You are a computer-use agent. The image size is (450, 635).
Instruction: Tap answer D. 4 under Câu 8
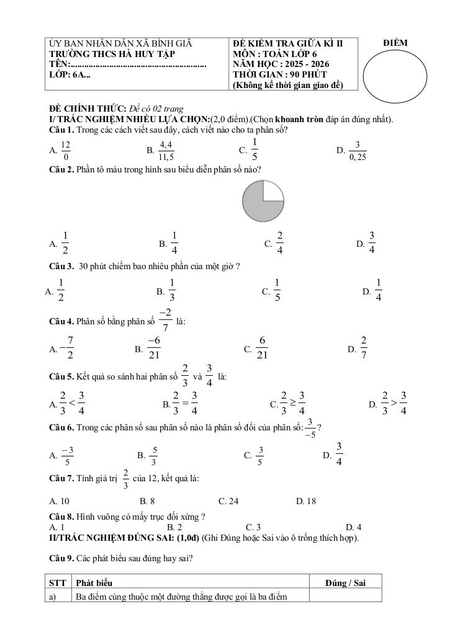click(x=353, y=527)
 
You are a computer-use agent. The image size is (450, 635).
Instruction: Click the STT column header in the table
click(x=58, y=582)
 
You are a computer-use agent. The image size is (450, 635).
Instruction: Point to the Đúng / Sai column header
click(x=345, y=582)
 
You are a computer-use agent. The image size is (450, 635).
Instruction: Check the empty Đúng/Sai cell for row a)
click(x=345, y=596)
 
